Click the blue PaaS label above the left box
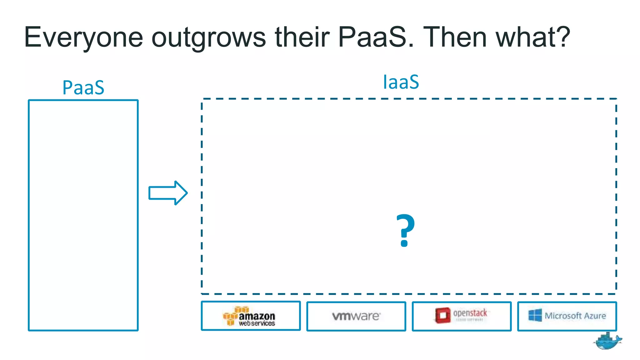coord(83,87)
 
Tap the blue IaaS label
coord(401,82)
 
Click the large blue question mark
coord(405,231)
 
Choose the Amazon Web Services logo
coord(249,316)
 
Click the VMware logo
coord(356,316)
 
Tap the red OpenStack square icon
coord(442,315)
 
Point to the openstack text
coord(470,313)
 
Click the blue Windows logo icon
coord(535,315)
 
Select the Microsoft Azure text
coord(575,316)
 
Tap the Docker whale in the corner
coord(607,341)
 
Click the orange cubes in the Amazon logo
coord(233,315)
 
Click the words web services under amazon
coord(257,323)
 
